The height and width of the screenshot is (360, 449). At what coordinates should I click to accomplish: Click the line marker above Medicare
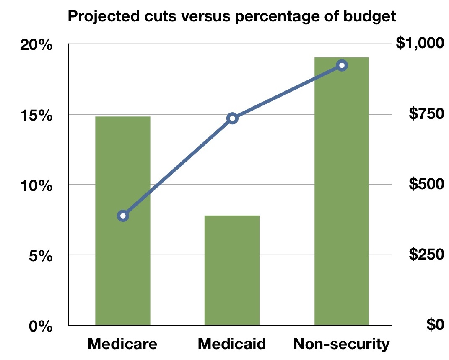(123, 216)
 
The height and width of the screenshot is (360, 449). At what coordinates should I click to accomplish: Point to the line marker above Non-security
(342, 65)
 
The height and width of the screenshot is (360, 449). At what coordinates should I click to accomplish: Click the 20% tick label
(36, 45)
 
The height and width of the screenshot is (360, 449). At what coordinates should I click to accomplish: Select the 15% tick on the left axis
(36, 115)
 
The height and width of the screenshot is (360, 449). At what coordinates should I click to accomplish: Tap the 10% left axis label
(36, 185)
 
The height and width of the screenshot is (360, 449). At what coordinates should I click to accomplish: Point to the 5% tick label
(41, 255)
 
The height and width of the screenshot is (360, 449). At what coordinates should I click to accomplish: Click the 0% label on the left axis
(41, 326)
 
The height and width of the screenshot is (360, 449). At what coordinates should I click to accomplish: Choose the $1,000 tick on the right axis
(419, 43)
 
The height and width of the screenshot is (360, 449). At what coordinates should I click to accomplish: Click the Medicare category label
(122, 344)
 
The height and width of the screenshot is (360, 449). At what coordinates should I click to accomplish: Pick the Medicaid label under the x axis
(232, 344)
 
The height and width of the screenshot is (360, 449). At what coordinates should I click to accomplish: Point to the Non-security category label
(342, 344)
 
